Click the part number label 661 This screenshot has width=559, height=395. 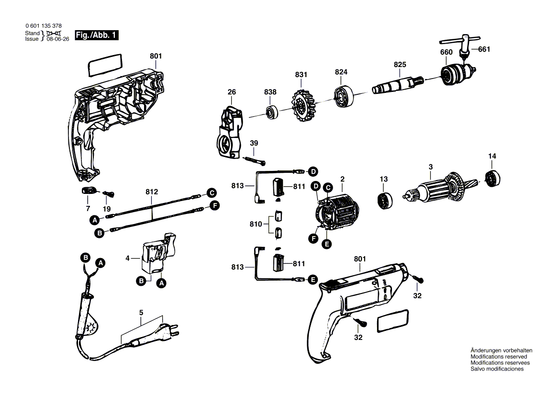click(x=484, y=49)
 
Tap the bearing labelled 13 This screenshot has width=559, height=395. click(x=385, y=200)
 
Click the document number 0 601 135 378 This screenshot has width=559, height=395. click(x=43, y=26)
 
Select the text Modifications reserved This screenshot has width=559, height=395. click(x=499, y=357)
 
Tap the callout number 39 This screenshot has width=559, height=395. click(x=254, y=143)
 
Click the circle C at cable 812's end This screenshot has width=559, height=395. click(x=211, y=193)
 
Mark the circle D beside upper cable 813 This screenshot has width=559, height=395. click(x=313, y=171)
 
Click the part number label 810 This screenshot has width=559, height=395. click(x=256, y=224)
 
